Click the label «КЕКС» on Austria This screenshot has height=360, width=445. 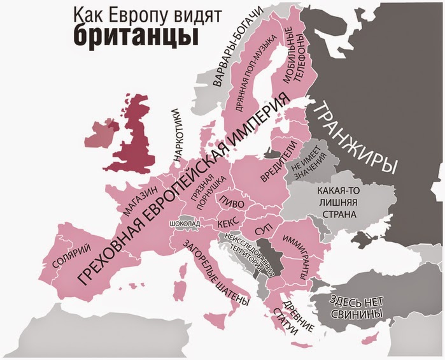coord(227,224)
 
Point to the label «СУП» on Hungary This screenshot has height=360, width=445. coord(263,228)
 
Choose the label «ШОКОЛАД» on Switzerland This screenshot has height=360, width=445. coord(185,224)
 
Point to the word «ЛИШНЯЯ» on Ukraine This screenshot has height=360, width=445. coord(339,203)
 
